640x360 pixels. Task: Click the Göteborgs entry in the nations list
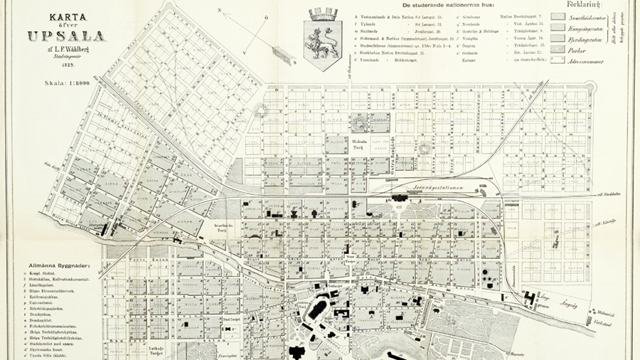tap(473, 15)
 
